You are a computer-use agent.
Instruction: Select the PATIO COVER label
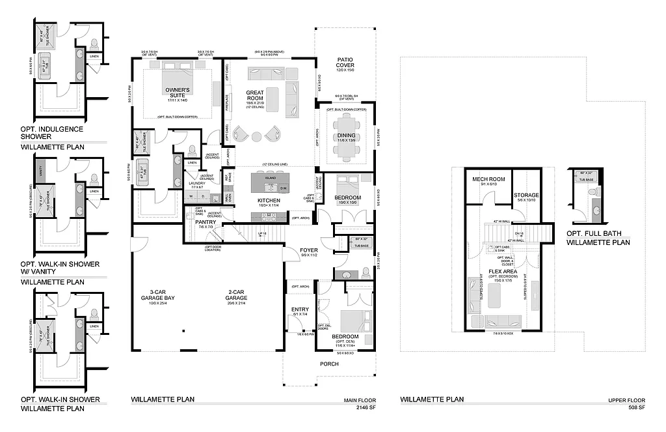click(x=345, y=63)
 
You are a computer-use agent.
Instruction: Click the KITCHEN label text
click(x=269, y=200)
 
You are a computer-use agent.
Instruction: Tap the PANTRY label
click(x=206, y=222)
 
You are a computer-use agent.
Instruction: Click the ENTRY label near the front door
click(x=300, y=311)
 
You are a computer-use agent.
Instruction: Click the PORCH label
click(x=329, y=364)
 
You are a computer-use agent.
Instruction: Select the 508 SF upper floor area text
click(x=635, y=407)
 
